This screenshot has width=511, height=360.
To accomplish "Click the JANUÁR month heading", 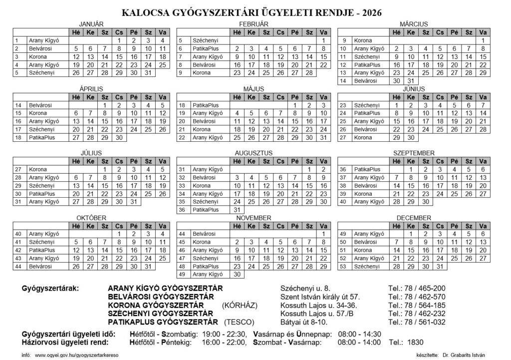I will [91, 24].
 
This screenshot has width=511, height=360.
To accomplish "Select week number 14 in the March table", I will [343, 81].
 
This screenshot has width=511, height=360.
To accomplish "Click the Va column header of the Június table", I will [483, 97].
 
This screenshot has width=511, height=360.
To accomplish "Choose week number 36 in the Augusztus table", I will [182, 210].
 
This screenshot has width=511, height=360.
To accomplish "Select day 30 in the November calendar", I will [237, 275].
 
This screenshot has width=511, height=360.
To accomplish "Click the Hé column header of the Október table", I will [77, 226].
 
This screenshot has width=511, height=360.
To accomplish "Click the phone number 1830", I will [415, 343].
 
